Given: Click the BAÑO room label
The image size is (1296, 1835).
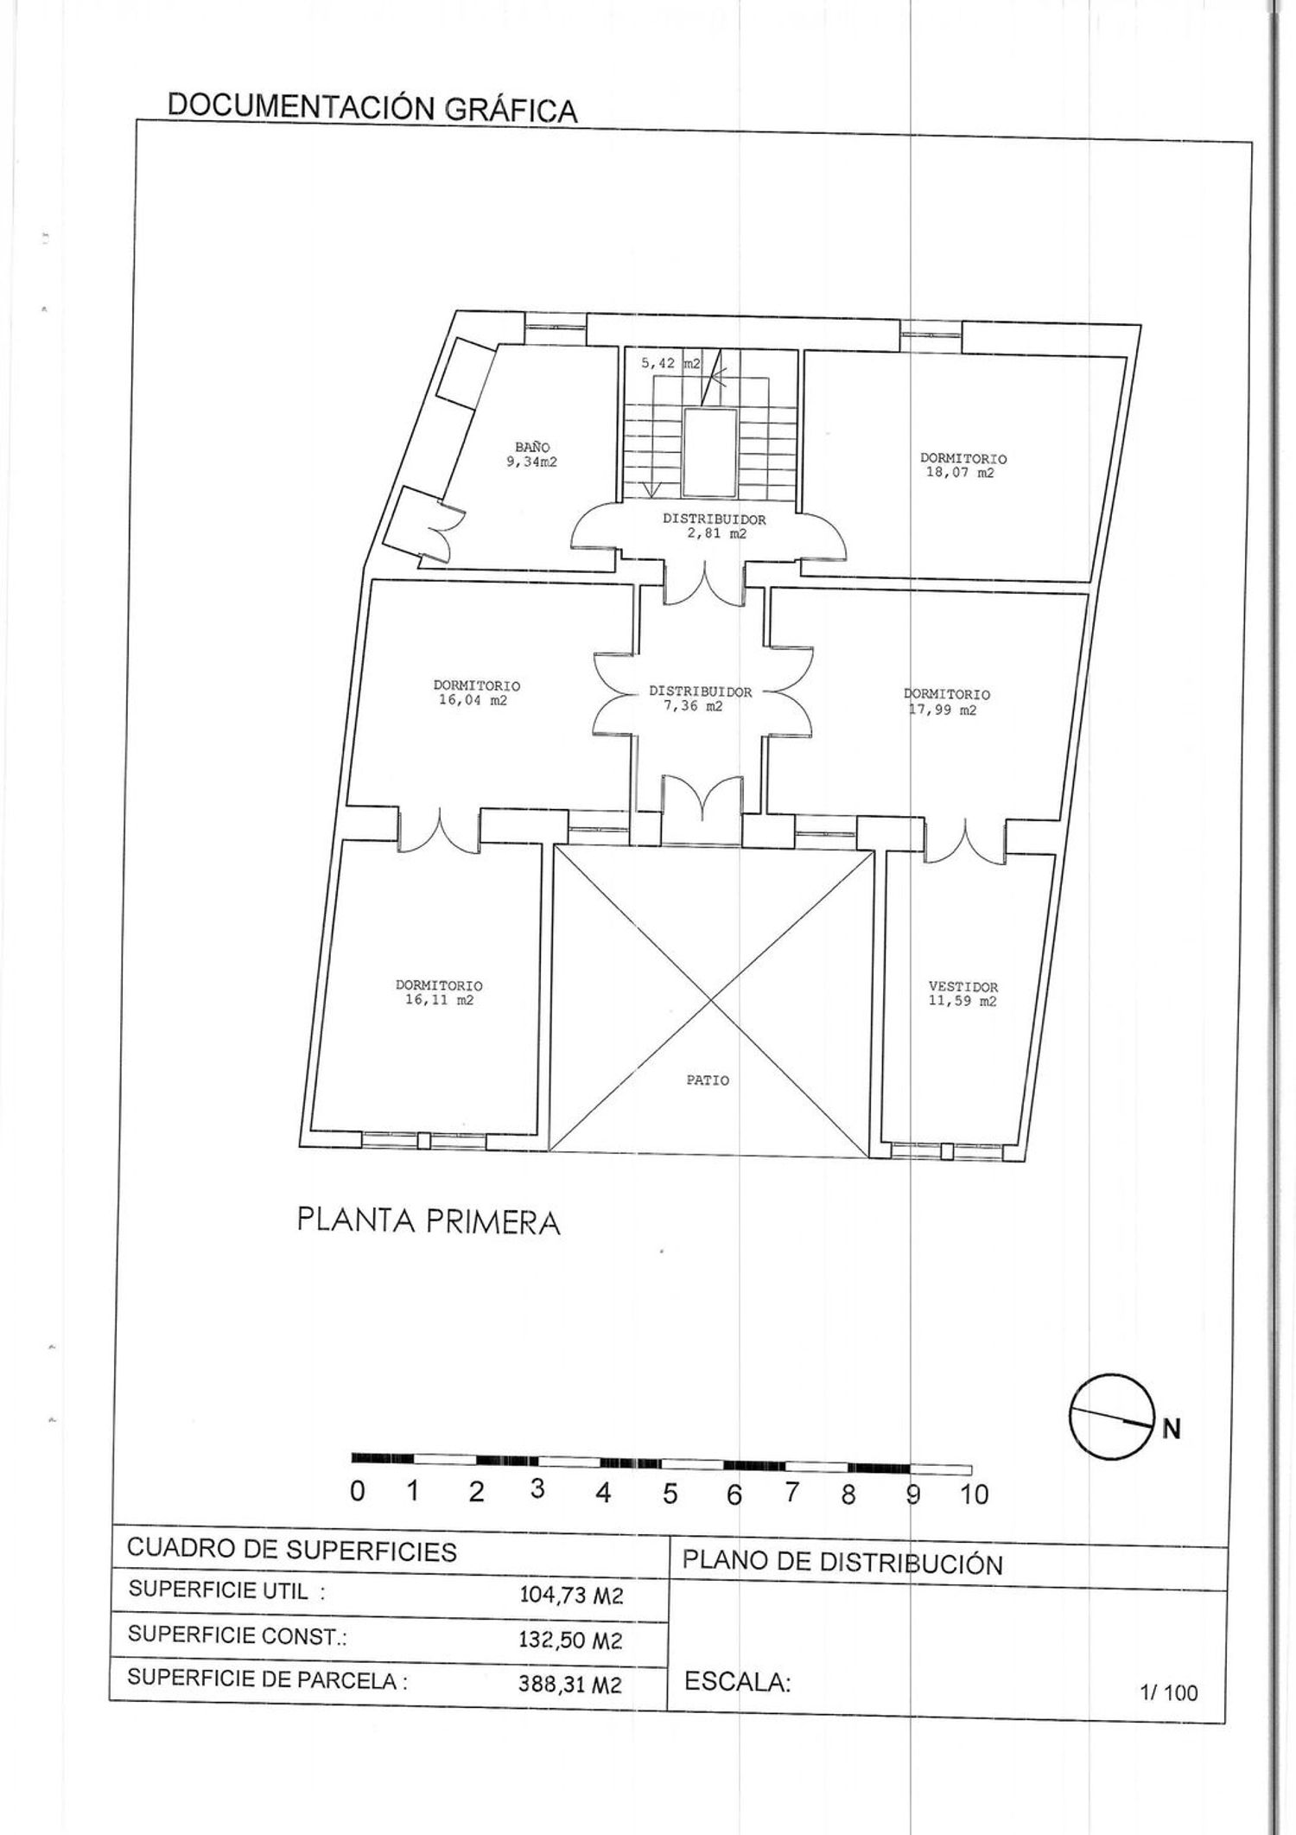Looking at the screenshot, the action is [x=532, y=447].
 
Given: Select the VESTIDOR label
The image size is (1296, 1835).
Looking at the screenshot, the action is [x=963, y=986].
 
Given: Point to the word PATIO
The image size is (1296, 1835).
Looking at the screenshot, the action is [x=708, y=1080].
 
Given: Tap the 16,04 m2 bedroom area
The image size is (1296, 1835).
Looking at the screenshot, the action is [x=473, y=701].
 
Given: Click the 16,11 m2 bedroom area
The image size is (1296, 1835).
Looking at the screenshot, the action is [x=439, y=1001].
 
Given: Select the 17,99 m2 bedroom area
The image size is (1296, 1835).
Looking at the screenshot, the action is [x=943, y=710].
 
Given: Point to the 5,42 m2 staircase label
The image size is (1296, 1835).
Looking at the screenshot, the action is [x=670, y=365].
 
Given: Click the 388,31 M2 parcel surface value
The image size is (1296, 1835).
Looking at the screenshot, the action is [x=570, y=1685].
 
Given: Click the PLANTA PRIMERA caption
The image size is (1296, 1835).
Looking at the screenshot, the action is [x=429, y=1221].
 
